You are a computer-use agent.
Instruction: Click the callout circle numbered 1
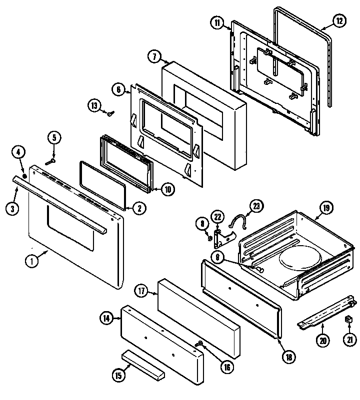point(32,260)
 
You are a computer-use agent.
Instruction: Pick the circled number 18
point(289,357)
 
